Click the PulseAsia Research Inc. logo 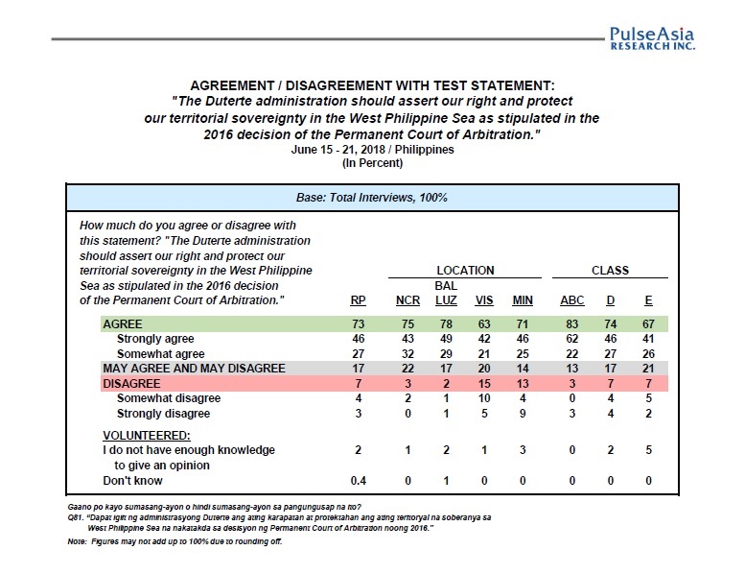click(x=651, y=37)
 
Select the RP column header click(x=358, y=300)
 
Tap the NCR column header click(x=407, y=300)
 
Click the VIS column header click(x=484, y=300)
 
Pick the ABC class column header click(x=571, y=300)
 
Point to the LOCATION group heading click(x=465, y=271)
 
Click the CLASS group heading click(x=610, y=271)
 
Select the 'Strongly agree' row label click(x=154, y=339)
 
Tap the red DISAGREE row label click(x=131, y=383)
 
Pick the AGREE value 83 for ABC click(x=571, y=325)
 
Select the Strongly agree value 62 click(x=571, y=340)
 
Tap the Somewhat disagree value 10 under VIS click(x=484, y=398)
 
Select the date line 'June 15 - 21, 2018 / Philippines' click(x=372, y=150)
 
